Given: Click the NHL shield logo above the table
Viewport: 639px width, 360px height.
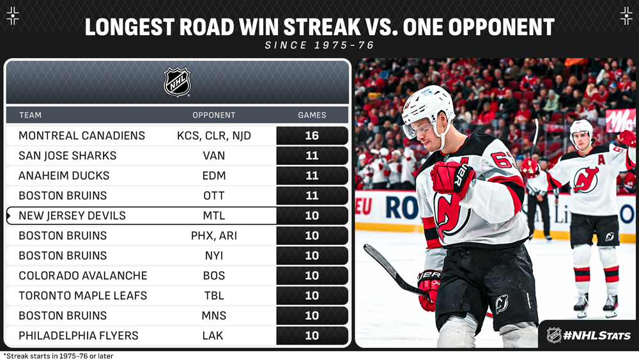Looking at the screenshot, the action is click(177, 82).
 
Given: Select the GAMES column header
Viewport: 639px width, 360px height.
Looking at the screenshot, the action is click(312, 115).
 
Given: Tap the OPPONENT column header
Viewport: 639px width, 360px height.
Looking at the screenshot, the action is click(214, 115).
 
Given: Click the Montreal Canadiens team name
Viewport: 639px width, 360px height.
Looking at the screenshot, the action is click(82, 136).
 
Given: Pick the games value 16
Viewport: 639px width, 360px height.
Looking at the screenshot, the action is click(312, 136).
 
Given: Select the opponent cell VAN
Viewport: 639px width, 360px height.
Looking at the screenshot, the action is click(214, 156).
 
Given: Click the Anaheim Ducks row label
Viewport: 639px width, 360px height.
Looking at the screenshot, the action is click(64, 176).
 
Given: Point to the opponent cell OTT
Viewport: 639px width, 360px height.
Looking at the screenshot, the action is click(214, 196).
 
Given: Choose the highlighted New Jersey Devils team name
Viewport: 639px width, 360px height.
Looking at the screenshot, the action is click(72, 215).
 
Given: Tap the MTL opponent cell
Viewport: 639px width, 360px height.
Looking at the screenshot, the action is click(214, 215).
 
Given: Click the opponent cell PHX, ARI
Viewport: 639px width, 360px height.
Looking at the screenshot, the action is click(214, 236).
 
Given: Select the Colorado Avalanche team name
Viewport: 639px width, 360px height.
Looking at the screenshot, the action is click(82, 276).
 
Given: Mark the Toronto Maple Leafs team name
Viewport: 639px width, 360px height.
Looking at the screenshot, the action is click(82, 295).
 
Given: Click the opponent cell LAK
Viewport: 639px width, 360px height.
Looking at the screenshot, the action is click(213, 336).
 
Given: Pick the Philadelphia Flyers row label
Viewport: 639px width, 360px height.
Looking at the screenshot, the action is click(79, 336).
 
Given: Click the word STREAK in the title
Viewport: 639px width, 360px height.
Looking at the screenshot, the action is click(322, 27).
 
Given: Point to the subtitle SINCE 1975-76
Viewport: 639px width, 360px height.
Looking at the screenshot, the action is click(319, 45).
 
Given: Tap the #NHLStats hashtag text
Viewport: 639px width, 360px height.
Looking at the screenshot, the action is click(597, 336).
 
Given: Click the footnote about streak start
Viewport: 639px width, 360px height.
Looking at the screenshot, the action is click(58, 356).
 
